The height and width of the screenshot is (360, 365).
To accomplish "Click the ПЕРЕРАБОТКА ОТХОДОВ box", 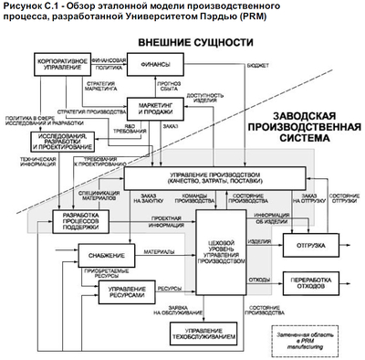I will pos(308,283).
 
